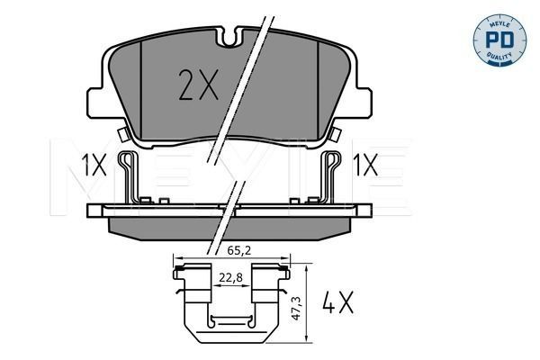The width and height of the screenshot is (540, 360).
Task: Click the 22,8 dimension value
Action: (230, 278)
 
